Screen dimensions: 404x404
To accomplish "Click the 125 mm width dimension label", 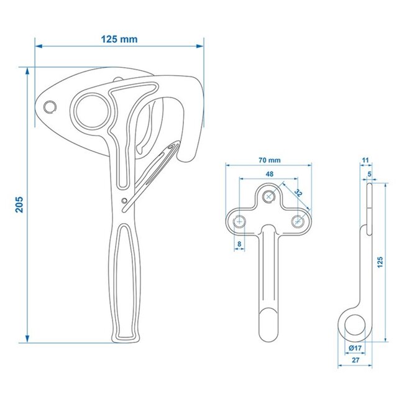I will (119, 39).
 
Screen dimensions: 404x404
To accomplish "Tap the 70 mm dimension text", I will (269, 160).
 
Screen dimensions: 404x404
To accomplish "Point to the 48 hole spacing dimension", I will (269, 175).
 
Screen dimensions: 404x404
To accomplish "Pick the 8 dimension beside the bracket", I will (240, 244).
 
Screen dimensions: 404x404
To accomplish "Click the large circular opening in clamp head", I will (94, 109).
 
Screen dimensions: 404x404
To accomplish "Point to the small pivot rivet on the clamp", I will (124, 200).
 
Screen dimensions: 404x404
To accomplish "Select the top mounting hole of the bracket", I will (269, 196).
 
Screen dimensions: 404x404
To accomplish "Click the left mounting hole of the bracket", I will (240, 221).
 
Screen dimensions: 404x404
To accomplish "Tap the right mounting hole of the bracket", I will (298, 221).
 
